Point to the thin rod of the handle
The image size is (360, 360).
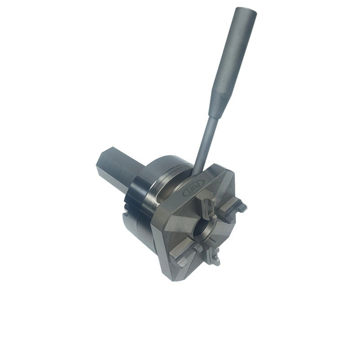pyautogui.click(x=205, y=141)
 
